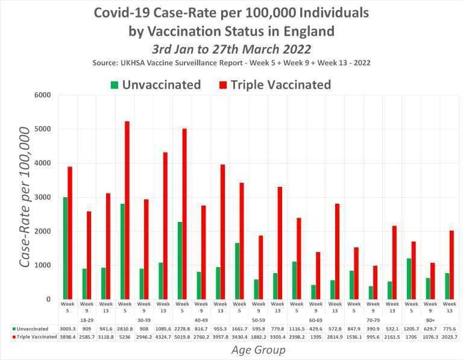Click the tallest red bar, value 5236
point(127,210)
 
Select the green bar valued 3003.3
point(65,248)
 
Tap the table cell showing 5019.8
point(182,336)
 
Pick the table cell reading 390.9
point(373,329)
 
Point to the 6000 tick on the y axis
point(43,95)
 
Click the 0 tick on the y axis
point(48,299)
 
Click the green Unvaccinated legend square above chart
point(115,85)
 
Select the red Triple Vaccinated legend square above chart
point(223,85)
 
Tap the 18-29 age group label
point(87,320)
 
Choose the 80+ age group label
point(430,320)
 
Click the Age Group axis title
point(259,350)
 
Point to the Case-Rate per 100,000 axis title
point(25,198)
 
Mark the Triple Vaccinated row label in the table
point(35,336)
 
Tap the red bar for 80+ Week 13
point(452,265)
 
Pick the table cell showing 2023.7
point(449,336)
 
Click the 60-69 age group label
point(316,320)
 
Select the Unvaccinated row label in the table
point(30,329)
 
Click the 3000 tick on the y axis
point(43,197)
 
